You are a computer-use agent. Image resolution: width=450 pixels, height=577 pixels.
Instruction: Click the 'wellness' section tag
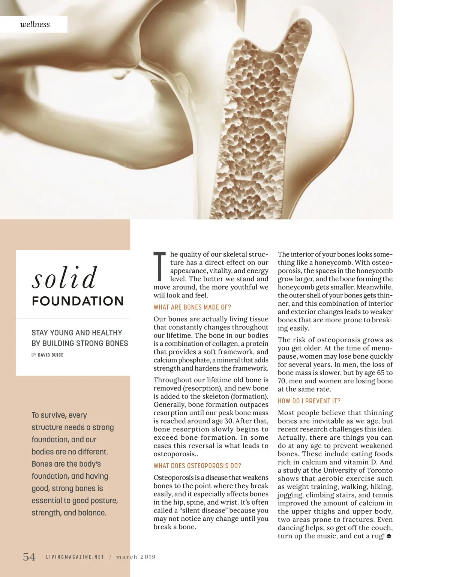pyautogui.click(x=35, y=24)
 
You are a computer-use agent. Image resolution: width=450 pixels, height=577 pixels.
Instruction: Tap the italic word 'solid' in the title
pyautogui.click(x=64, y=278)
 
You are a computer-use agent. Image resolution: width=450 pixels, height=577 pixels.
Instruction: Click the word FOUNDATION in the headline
pyautogui.click(x=78, y=301)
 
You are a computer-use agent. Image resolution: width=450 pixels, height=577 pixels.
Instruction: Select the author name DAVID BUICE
pyautogui.click(x=51, y=355)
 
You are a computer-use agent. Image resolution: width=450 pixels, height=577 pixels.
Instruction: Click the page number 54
pyautogui.click(x=29, y=556)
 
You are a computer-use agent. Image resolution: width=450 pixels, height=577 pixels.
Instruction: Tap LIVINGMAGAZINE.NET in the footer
pyautogui.click(x=75, y=557)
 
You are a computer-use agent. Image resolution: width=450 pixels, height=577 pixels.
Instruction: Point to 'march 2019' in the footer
pyautogui.click(x=136, y=557)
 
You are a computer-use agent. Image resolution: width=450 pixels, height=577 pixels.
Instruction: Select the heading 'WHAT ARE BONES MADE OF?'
pyautogui.click(x=192, y=307)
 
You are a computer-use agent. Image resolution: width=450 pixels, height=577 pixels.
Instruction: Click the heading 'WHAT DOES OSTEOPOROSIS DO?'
pyautogui.click(x=197, y=466)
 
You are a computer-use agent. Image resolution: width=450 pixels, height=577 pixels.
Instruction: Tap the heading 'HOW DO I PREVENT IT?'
pyautogui.click(x=309, y=401)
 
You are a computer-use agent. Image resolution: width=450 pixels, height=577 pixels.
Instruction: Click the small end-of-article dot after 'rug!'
pyautogui.click(x=389, y=536)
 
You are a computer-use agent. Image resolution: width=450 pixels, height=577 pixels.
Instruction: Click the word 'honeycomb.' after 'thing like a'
pyautogui.click(x=333, y=263)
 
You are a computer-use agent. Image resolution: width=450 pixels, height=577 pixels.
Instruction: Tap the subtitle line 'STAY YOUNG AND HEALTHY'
pyautogui.click(x=77, y=333)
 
